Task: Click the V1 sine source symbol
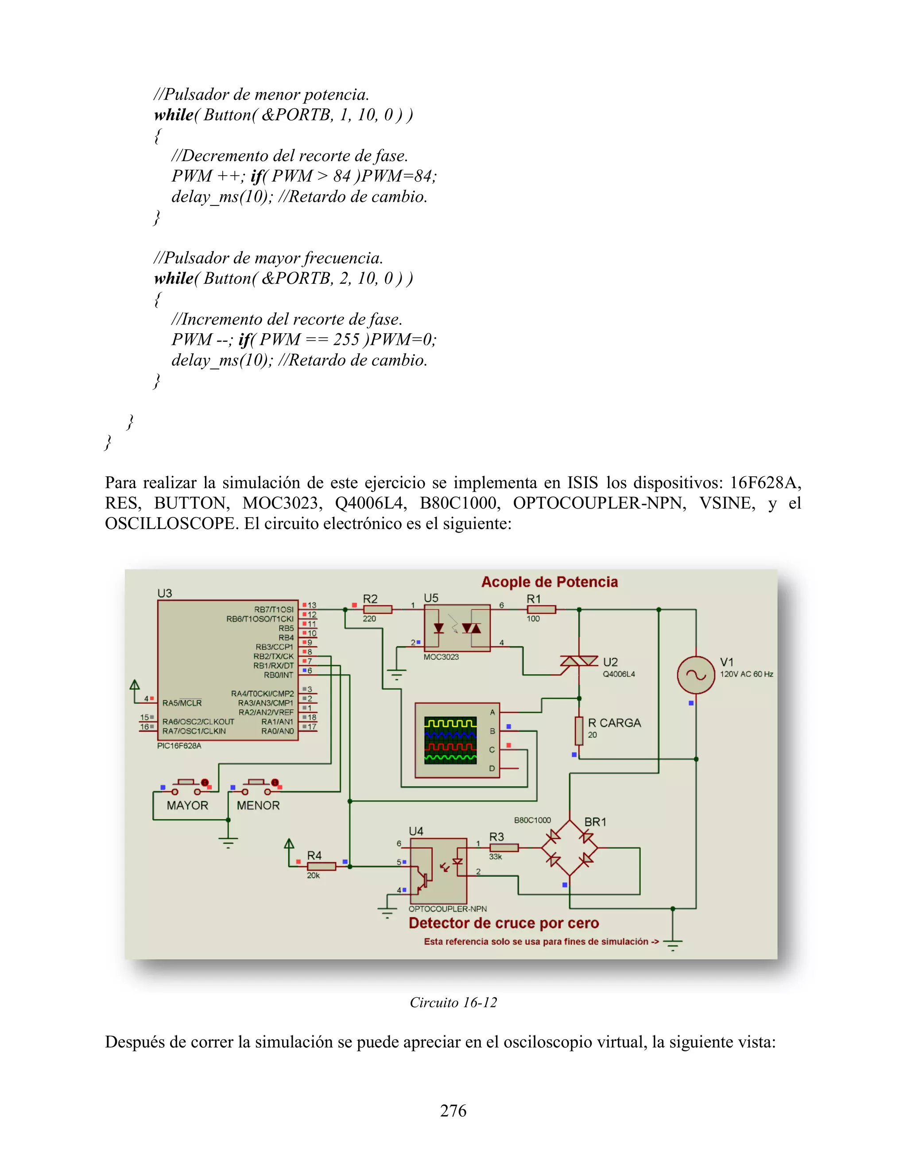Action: point(696,675)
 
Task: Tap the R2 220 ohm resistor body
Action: point(377,610)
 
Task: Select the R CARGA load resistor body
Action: point(579,730)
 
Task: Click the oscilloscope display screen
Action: point(450,740)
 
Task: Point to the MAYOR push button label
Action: point(187,806)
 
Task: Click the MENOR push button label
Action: point(258,806)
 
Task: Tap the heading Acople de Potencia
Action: point(549,582)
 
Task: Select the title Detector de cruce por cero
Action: point(504,923)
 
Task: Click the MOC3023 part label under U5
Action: point(441,657)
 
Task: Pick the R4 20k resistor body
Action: point(322,866)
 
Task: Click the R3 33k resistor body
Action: point(504,848)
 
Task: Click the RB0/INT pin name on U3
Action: point(278,675)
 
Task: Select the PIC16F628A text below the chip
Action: point(179,746)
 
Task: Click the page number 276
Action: point(453,1111)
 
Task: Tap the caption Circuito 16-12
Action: point(453,1003)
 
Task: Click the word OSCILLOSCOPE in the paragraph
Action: point(170,524)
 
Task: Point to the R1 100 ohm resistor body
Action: point(541,610)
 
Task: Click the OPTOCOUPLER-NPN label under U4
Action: point(448,909)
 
